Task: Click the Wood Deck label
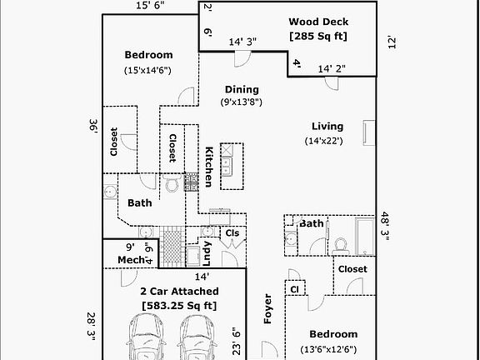(318, 22)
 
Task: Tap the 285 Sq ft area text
(318, 36)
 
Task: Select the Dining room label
(242, 89)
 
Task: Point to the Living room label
(327, 127)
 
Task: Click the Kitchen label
(208, 167)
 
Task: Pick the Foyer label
(267, 308)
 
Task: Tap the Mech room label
(131, 260)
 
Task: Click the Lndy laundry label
(207, 253)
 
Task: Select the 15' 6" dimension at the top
(150, 5)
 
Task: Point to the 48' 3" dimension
(384, 226)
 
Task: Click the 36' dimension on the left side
(93, 126)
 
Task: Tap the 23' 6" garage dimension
(237, 343)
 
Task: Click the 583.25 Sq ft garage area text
(179, 306)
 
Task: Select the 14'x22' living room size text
(324, 141)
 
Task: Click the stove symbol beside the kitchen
(191, 182)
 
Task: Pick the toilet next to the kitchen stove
(172, 182)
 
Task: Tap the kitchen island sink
(227, 166)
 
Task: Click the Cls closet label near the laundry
(232, 233)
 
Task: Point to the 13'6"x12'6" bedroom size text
(328, 349)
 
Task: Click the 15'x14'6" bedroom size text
(147, 70)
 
